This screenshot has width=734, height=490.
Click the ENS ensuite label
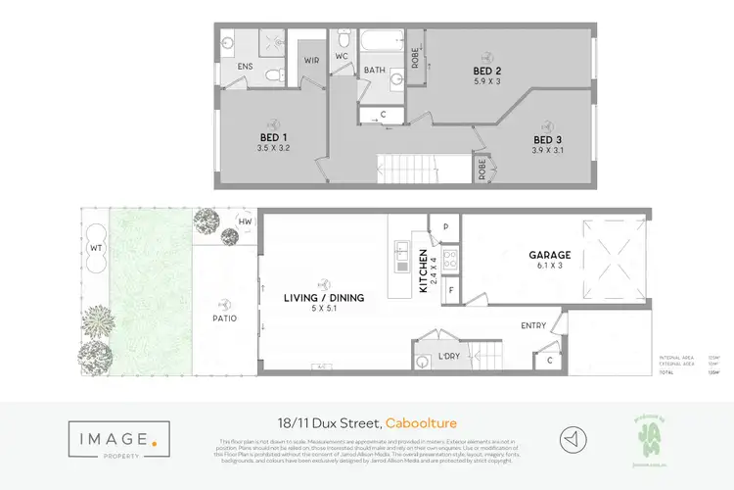pyautogui.click(x=245, y=66)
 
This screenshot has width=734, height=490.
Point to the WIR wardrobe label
pyautogui.click(x=311, y=60)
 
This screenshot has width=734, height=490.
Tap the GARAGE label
pyautogui.click(x=549, y=255)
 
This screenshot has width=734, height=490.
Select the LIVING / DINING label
pyautogui.click(x=323, y=298)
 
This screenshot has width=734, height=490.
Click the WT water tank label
pyautogui.click(x=95, y=249)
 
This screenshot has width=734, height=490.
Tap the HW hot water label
pyautogui.click(x=245, y=222)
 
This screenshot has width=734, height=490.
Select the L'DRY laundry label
pyautogui.click(x=448, y=355)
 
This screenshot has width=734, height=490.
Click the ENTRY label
pyautogui.click(x=533, y=324)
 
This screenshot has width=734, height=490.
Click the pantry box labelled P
pyautogui.click(x=445, y=226)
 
